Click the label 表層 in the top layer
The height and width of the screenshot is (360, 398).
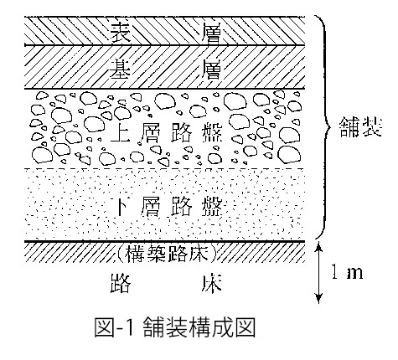click(x=166, y=33)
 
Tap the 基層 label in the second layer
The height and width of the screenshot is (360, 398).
click(x=166, y=69)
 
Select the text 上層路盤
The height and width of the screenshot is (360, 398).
click(x=166, y=133)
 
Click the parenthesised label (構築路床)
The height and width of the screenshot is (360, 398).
click(x=167, y=254)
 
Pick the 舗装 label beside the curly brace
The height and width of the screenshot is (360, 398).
click(x=360, y=127)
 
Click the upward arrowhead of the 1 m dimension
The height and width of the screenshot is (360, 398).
click(x=319, y=247)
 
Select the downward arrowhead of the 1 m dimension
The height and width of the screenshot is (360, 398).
click(x=319, y=298)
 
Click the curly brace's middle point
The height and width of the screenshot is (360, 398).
click(x=329, y=127)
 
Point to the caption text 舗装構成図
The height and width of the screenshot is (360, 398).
click(x=199, y=327)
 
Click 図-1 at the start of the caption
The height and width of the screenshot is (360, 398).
click(x=116, y=327)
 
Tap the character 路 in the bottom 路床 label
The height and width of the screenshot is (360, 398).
click(x=121, y=283)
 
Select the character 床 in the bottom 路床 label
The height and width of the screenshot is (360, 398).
click(x=212, y=283)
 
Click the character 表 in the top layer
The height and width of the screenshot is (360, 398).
click(x=121, y=33)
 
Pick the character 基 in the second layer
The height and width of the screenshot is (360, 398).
click(x=121, y=69)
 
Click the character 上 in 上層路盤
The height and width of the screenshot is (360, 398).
click(x=121, y=133)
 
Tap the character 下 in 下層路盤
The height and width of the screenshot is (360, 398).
click(x=124, y=206)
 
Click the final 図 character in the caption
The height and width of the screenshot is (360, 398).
click(x=246, y=327)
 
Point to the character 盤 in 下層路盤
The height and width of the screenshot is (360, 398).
click(x=212, y=206)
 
